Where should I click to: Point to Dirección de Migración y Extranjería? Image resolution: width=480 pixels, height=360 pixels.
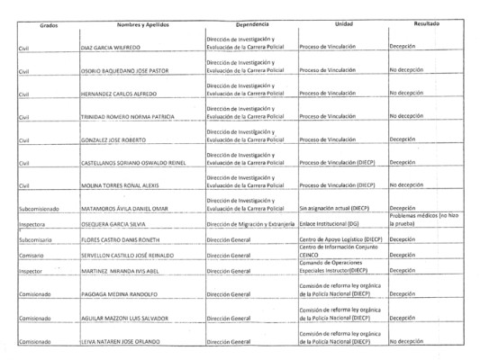click(251, 225)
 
